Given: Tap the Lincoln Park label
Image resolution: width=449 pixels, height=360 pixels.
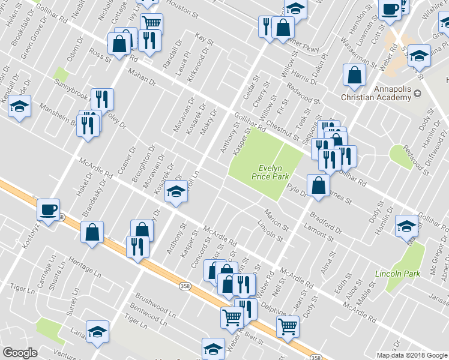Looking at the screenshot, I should (x=393, y=274).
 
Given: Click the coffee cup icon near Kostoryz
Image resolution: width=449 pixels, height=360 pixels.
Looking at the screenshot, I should (x=48, y=209).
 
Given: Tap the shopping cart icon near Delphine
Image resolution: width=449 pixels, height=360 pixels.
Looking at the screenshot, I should (x=288, y=327).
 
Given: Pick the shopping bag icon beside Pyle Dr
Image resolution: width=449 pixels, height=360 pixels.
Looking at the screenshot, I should (x=318, y=185).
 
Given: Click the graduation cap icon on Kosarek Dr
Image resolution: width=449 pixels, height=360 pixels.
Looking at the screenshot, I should (x=175, y=191).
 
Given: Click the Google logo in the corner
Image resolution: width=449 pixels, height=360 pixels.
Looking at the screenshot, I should (x=20, y=353).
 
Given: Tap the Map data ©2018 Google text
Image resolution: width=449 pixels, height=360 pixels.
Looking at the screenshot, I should (x=411, y=355).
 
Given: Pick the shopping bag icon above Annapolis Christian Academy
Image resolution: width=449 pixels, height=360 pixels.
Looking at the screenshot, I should (x=355, y=75).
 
